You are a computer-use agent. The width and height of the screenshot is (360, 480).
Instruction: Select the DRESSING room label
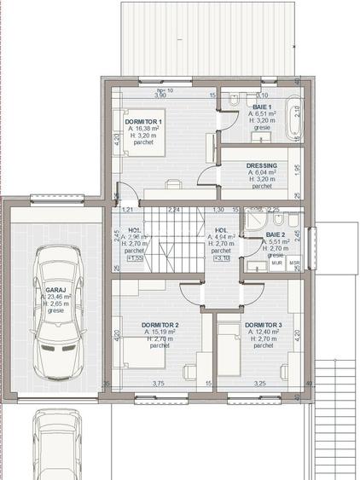click(260, 165)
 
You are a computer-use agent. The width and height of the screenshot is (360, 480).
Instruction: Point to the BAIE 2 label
click(275, 234)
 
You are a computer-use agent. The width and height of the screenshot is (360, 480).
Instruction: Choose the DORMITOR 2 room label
click(160, 325)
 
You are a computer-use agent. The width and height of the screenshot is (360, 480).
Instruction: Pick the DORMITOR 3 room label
click(263, 325)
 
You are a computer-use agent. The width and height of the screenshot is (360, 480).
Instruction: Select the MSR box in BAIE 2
click(293, 263)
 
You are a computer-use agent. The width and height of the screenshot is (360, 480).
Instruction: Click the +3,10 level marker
click(221, 259)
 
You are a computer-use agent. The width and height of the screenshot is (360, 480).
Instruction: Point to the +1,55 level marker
click(135, 259)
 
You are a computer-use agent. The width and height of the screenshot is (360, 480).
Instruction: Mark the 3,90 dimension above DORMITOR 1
click(159, 95)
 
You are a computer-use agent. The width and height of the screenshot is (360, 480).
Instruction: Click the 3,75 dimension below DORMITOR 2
click(158, 384)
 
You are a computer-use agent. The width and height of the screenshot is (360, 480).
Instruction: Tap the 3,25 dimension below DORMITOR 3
click(259, 384)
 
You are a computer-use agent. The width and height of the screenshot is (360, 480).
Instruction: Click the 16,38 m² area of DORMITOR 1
click(145, 130)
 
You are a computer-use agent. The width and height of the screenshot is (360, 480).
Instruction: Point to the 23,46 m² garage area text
click(57, 298)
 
